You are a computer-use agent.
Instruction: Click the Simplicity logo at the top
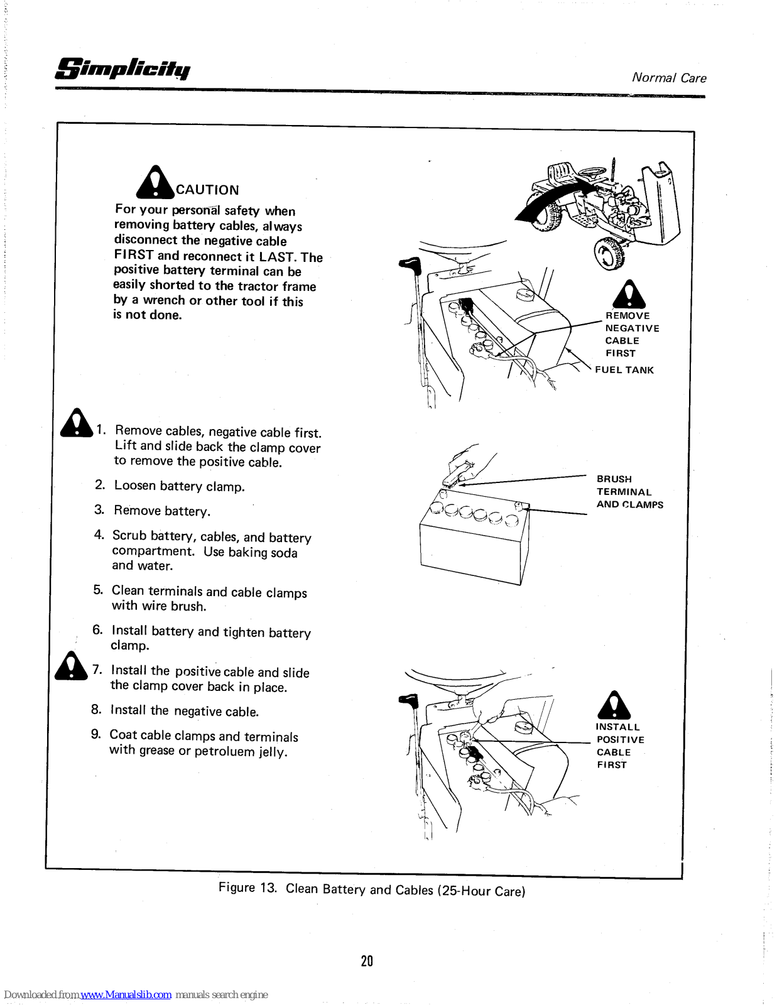(x=123, y=68)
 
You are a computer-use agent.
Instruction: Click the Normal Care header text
(x=669, y=78)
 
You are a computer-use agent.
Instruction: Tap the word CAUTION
(x=207, y=190)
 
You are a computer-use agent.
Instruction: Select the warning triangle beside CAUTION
(x=155, y=182)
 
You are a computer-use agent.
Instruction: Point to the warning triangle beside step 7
(x=70, y=667)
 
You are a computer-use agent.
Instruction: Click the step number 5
(x=98, y=590)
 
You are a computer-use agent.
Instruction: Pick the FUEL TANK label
(x=624, y=370)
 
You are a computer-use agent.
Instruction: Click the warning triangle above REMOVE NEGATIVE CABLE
(x=629, y=295)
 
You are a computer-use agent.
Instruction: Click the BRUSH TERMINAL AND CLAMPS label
(x=629, y=492)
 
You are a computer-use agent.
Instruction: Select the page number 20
(x=367, y=960)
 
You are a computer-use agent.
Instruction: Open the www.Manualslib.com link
(x=126, y=995)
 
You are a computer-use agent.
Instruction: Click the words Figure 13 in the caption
(x=247, y=888)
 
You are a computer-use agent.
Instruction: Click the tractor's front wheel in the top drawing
(x=609, y=254)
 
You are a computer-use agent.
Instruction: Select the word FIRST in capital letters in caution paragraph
(x=134, y=255)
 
